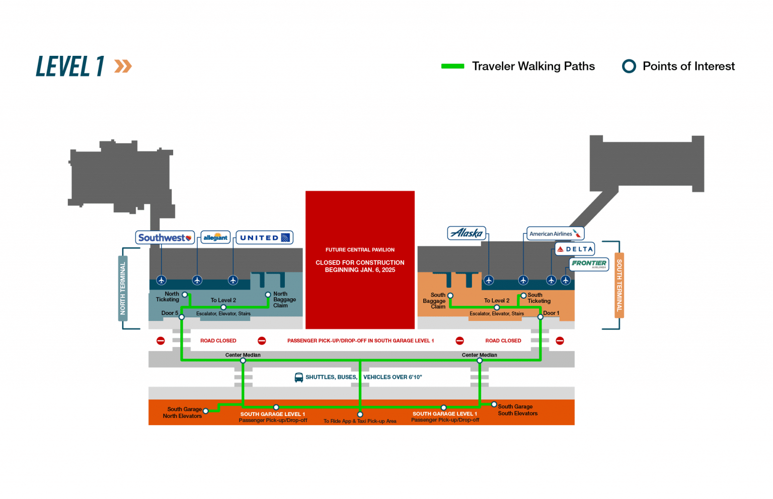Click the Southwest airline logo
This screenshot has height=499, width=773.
(165, 237)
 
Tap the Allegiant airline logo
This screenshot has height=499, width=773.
(215, 237)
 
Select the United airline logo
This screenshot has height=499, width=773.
(265, 237)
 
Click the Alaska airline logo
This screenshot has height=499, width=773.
(467, 233)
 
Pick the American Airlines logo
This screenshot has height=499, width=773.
(555, 233)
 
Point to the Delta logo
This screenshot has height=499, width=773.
(575, 249)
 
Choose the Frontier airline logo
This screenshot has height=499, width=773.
(589, 264)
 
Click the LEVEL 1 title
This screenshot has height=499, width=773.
(70, 66)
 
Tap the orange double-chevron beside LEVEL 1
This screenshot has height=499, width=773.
(123, 66)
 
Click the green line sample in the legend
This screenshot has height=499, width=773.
(452, 66)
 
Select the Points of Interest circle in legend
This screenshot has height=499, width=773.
(629, 66)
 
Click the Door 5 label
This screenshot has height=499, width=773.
(170, 313)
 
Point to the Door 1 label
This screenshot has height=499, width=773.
(551, 313)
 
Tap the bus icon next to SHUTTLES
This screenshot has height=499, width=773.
(298, 377)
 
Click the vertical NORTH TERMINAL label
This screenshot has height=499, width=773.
(122, 288)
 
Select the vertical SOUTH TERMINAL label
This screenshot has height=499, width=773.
(619, 285)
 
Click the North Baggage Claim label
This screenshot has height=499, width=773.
(284, 299)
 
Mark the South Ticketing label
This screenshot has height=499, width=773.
(539, 298)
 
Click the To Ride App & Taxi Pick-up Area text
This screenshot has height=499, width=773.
(360, 421)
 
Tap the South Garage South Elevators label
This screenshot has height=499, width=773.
(517, 410)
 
